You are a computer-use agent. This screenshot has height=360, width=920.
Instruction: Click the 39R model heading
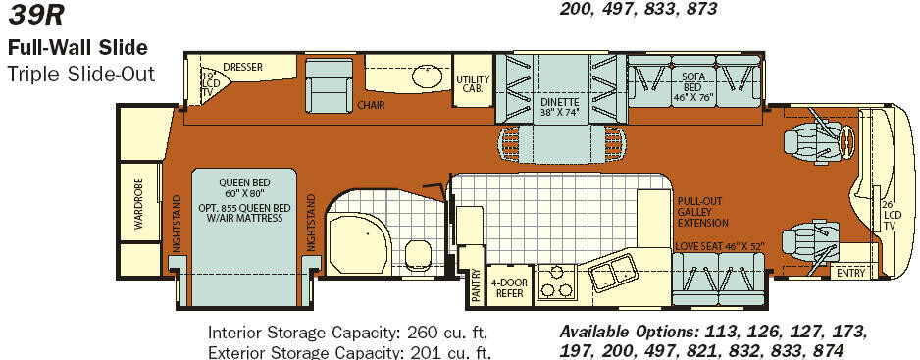tap(35, 16)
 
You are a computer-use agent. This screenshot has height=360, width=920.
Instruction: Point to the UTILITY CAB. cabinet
tap(473, 81)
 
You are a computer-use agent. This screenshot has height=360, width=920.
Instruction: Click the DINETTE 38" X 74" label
tap(560, 106)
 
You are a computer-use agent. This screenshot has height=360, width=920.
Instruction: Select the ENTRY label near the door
tap(850, 273)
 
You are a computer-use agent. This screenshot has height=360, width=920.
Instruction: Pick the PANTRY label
tap(477, 285)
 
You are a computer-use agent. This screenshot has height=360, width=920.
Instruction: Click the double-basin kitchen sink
tap(614, 273)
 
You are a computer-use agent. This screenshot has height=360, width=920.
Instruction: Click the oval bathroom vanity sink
tap(428, 76)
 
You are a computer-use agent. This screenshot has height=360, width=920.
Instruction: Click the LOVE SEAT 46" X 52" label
tap(719, 246)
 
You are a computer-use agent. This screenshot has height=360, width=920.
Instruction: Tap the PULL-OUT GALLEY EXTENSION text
tap(703, 212)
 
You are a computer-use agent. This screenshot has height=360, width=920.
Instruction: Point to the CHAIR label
tap(371, 106)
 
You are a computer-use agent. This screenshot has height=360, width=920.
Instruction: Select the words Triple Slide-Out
tap(81, 75)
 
